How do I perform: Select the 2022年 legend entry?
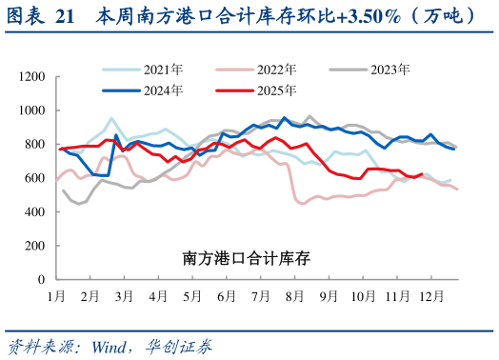coord(276,70)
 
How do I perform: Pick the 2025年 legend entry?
coord(276,90)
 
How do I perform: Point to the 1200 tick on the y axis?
coord(32,76)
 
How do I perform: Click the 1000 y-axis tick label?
coord(32,110)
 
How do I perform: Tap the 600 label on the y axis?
coord(35,178)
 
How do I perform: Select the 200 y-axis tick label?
coord(35,246)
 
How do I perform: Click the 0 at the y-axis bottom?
coord(42,280)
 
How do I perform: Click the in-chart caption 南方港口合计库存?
coord(246,258)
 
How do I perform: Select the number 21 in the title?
coord(64,16)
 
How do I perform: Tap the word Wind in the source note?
coord(111,345)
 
